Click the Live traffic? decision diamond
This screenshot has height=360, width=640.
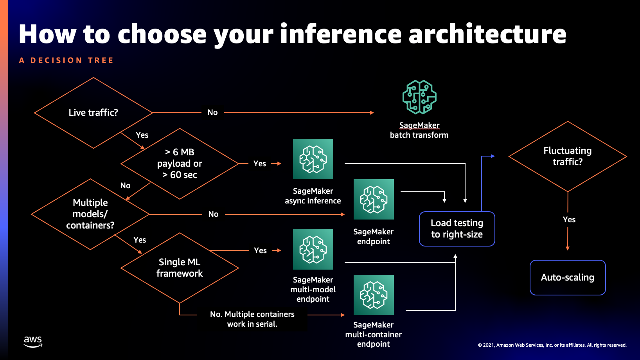tap(93, 113)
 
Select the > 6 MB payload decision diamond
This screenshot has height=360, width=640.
tap(180, 164)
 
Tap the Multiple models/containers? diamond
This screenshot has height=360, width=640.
tap(90, 214)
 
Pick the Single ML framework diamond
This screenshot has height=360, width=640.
tap(180, 268)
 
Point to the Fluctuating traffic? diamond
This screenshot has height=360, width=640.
tap(568, 156)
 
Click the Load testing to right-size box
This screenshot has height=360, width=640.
tap(457, 229)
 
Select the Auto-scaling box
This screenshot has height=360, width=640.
tap(568, 277)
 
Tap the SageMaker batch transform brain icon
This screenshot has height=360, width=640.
tap(419, 97)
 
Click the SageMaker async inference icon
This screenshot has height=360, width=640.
tap(313, 159)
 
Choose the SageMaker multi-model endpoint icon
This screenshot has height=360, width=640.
tap(313, 249)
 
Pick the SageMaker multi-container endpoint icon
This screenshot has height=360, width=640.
tap(374, 295)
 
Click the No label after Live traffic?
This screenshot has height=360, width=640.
tap(212, 113)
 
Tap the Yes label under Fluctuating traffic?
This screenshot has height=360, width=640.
tap(569, 220)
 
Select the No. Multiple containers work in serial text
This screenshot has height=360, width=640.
tap(252, 319)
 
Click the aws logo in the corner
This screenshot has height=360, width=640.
tap(33, 341)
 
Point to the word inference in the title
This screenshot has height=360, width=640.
tap(341, 34)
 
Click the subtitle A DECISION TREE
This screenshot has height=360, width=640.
tap(66, 60)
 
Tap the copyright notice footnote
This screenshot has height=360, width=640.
tap(552, 345)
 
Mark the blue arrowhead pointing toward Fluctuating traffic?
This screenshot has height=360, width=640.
tap(493, 156)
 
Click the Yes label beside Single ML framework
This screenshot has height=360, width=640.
tap(260, 250)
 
